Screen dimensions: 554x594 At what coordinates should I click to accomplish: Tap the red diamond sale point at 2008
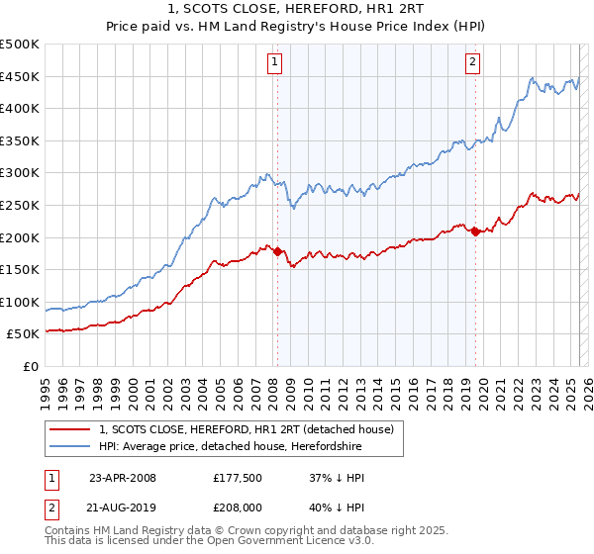pyautogui.click(x=277, y=251)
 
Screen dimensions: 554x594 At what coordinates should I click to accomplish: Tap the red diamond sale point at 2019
pyautogui.click(x=475, y=231)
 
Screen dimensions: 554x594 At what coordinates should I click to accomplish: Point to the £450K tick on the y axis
pyautogui.click(x=21, y=76)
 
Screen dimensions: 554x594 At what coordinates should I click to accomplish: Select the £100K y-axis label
pyautogui.click(x=21, y=302)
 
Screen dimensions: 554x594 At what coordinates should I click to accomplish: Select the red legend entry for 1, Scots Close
pyautogui.click(x=247, y=429)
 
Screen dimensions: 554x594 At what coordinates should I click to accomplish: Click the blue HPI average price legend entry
pyautogui.click(x=232, y=447)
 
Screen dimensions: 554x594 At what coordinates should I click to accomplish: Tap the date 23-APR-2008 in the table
pyautogui.click(x=122, y=478)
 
